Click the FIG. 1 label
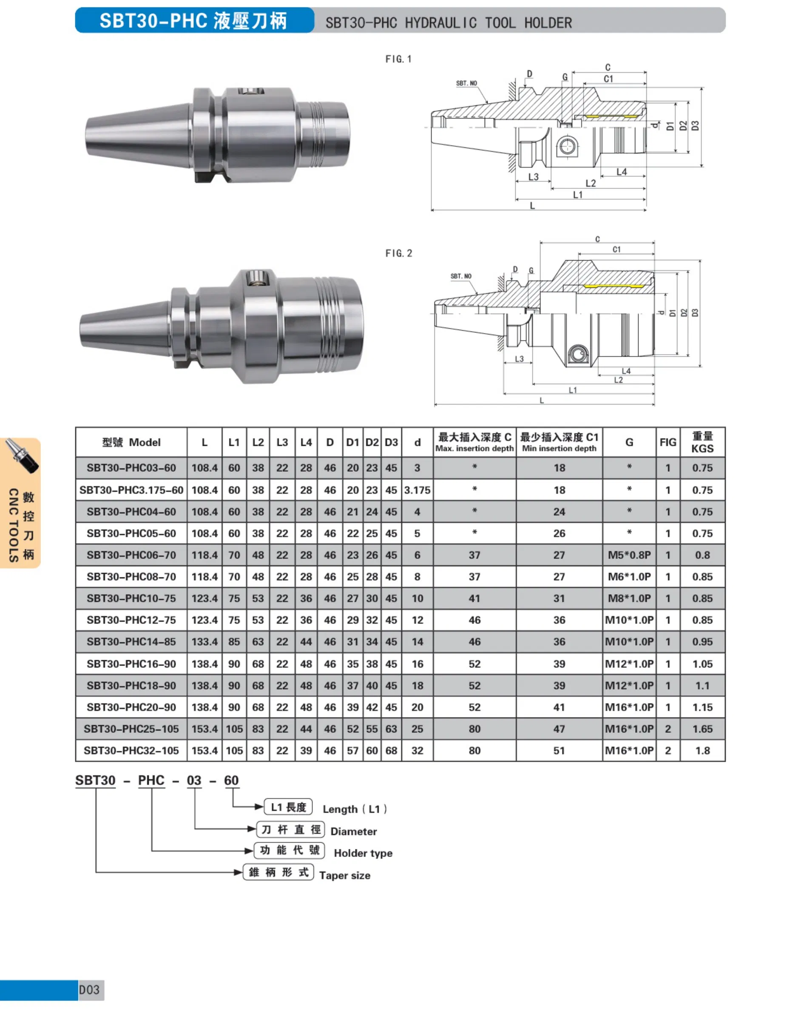pos(398,59)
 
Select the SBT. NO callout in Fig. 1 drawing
pos(466,83)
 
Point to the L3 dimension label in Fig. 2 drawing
pos(519,359)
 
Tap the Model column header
pos(131,442)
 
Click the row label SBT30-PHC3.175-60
pos(131,490)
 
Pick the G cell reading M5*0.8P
pos(629,555)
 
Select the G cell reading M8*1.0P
pos(629,598)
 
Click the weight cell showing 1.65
pos(702,729)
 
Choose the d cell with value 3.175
pos(417,490)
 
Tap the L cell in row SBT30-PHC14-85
pos(204,642)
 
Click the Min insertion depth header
pos(559,448)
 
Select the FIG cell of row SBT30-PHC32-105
pos(667,750)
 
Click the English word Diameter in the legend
pos(353,831)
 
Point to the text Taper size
pos(344,876)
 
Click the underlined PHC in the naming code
pos(151,780)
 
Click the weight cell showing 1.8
pos(702,750)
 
